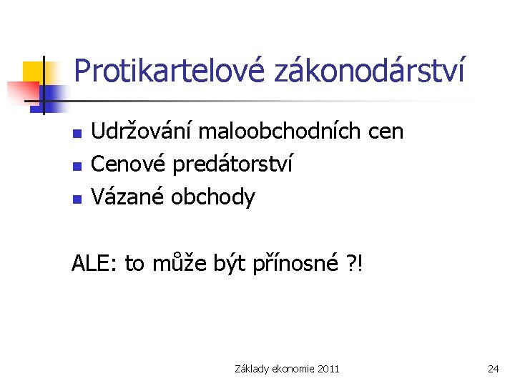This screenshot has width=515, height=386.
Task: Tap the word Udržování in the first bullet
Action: (x=142, y=132)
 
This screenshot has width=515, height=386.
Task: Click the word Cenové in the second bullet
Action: (x=128, y=164)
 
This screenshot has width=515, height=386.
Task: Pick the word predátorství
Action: (x=232, y=164)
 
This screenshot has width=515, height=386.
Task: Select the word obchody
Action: (x=212, y=197)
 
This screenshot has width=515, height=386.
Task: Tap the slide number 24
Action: (x=493, y=369)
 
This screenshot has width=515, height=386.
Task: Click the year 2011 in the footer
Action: (x=328, y=369)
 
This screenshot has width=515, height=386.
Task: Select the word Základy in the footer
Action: (x=252, y=369)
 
